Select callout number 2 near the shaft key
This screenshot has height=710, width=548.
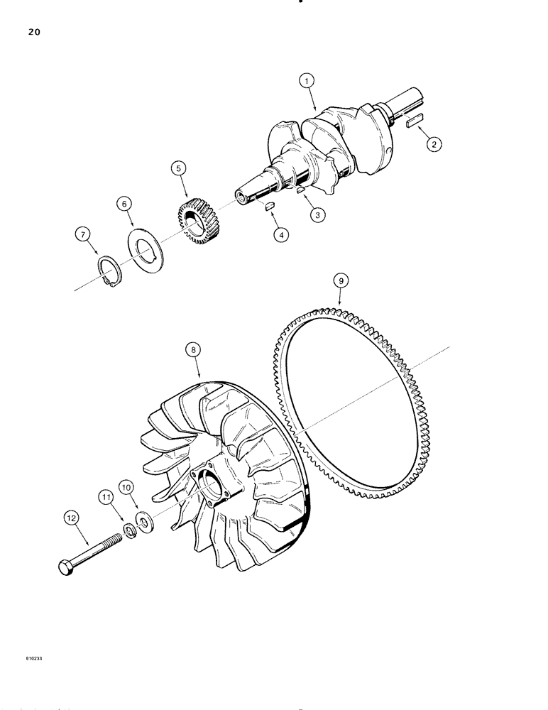click(x=432, y=143)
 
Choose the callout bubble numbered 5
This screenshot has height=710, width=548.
click(x=177, y=169)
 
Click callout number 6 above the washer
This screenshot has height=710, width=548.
click(x=125, y=204)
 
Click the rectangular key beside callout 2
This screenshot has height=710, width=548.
click(x=416, y=123)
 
